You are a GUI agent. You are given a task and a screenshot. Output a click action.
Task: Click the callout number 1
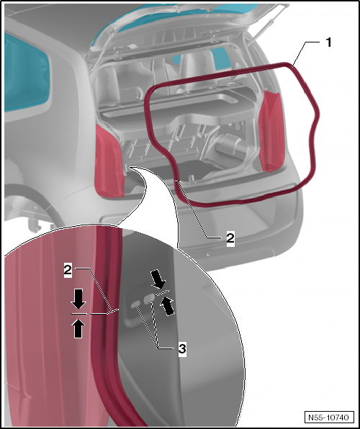[328, 42]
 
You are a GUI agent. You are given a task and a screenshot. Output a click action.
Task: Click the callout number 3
[183, 348]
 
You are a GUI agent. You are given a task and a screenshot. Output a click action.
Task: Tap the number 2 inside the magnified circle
[67, 270]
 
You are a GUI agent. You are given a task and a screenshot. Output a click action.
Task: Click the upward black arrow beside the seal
[78, 328]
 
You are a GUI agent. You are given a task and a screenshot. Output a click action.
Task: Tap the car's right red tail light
[271, 130]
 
